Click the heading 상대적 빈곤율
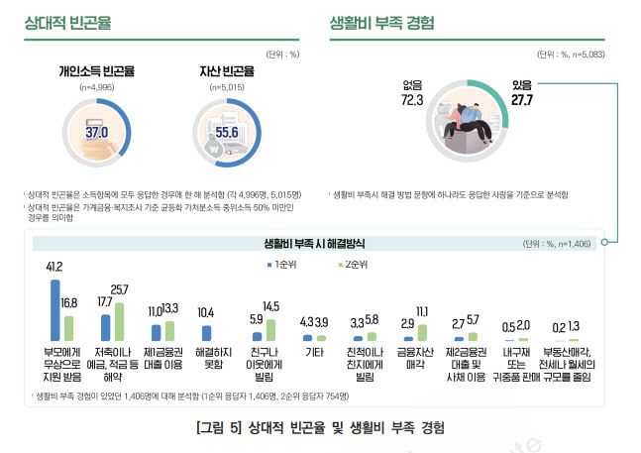(68, 21)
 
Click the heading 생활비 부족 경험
(381, 21)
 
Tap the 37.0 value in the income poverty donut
(97, 131)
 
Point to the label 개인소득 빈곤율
(96, 72)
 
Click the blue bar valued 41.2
(54, 310)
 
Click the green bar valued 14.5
(270, 330)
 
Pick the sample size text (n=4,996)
(96, 87)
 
